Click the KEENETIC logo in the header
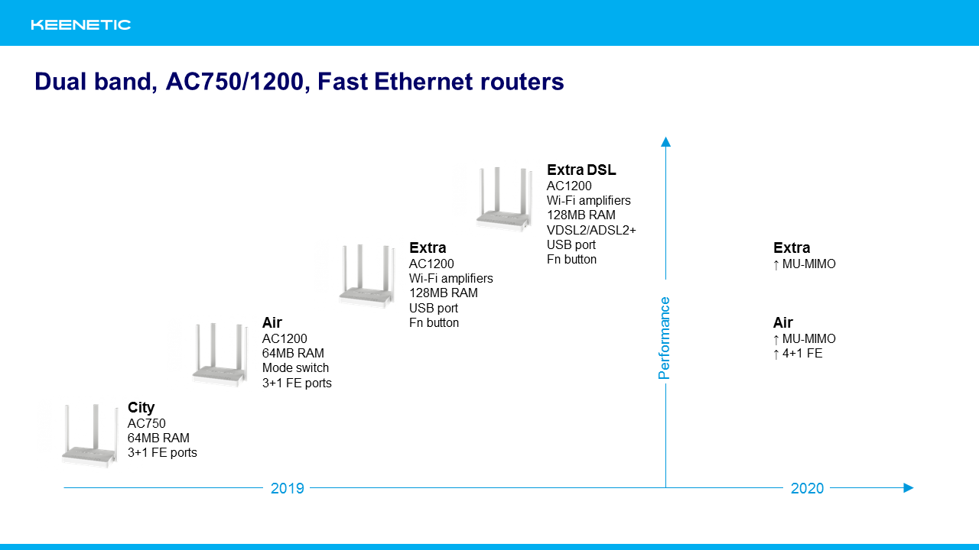(x=81, y=25)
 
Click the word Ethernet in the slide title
(x=424, y=82)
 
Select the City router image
(x=90, y=435)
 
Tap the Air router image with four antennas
(x=220, y=354)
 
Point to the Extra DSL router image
(x=504, y=199)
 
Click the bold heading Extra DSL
(x=581, y=170)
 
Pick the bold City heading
(x=141, y=408)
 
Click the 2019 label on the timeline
(x=287, y=488)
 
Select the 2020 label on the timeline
(x=807, y=488)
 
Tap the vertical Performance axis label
(x=664, y=338)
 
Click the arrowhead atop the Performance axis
(x=665, y=142)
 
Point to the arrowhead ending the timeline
(x=908, y=487)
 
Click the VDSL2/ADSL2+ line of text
(x=591, y=230)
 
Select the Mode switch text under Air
(x=295, y=368)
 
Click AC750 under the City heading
(x=146, y=423)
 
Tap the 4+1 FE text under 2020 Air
(x=802, y=354)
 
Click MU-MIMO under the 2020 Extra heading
(x=808, y=264)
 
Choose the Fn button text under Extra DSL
(x=571, y=259)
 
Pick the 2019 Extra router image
(x=367, y=276)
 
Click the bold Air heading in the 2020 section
(x=782, y=322)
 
